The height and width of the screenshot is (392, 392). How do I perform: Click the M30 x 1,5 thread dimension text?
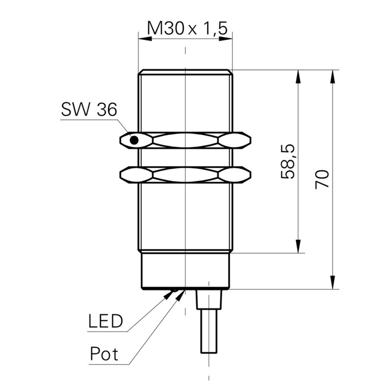[188, 28]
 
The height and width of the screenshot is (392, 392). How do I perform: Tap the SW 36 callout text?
[89, 109]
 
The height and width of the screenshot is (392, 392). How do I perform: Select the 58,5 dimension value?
[288, 162]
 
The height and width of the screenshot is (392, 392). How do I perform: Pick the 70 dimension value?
[322, 179]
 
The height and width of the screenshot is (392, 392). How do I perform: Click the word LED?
[105, 321]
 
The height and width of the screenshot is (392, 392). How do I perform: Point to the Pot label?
[104, 353]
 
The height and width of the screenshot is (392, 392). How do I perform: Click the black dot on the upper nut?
[134, 140]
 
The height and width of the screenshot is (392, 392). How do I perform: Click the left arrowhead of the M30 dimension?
[145, 39]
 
